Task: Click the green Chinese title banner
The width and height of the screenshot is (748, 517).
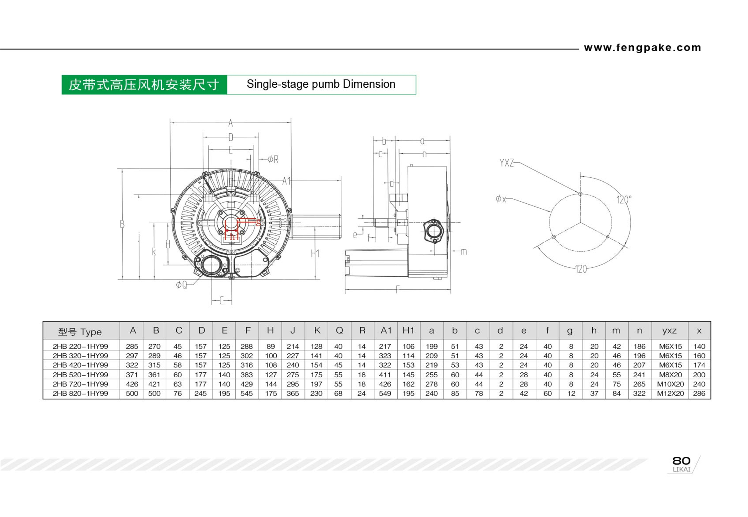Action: (x=144, y=85)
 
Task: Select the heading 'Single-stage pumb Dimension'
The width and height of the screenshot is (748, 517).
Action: (x=321, y=84)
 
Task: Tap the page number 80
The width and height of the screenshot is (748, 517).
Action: (x=681, y=460)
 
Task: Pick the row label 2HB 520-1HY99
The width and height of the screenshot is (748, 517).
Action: (x=80, y=374)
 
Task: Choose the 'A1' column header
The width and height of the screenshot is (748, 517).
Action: (x=386, y=330)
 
